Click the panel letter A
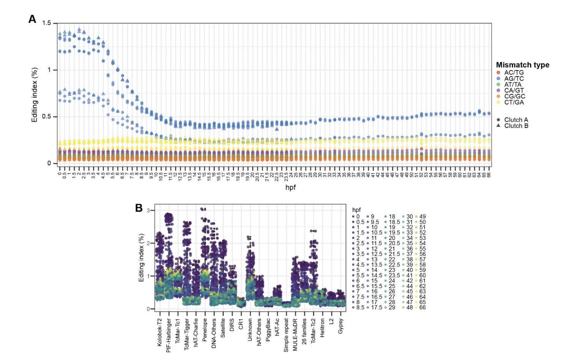(x=32, y=19)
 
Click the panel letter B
(x=139, y=208)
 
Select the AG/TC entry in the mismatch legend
(x=514, y=79)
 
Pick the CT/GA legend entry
(x=514, y=102)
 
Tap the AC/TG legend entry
(x=514, y=73)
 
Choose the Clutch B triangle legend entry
(x=516, y=126)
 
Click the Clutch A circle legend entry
(x=516, y=120)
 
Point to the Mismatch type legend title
(x=523, y=65)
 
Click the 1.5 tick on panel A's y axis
(x=47, y=23)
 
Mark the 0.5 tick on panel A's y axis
(x=47, y=117)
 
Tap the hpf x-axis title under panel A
(x=290, y=187)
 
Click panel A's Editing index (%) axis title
(x=35, y=95)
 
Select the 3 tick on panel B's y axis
(x=149, y=210)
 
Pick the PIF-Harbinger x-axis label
(x=169, y=335)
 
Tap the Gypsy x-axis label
(x=341, y=326)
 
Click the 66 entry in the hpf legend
(x=422, y=307)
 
